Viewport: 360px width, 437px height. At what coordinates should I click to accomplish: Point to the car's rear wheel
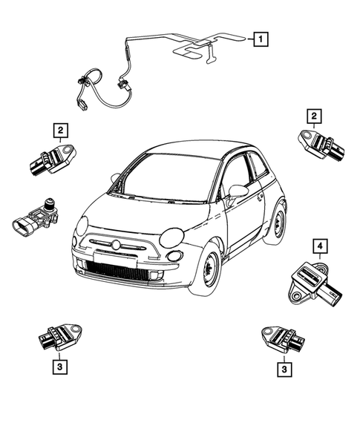coord(278,221)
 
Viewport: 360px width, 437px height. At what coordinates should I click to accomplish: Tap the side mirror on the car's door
coord(238,191)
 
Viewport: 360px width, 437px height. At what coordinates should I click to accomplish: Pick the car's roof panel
coord(193,148)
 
